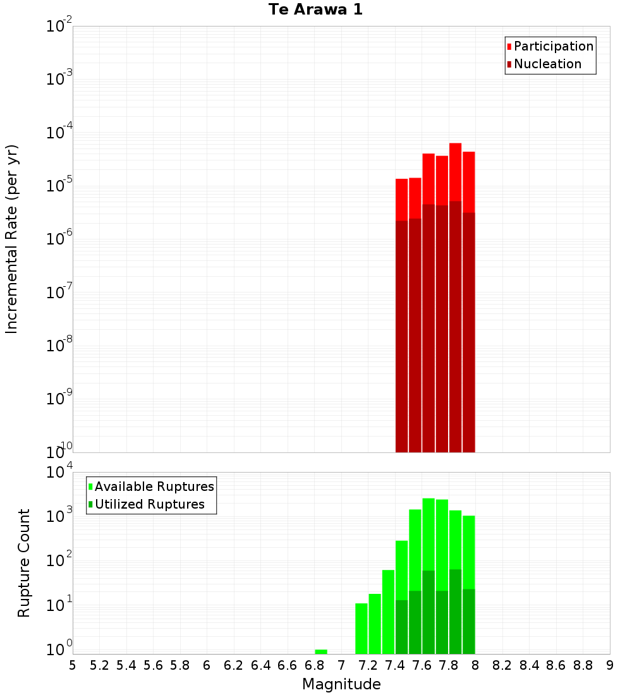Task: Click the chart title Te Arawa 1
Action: coord(315,10)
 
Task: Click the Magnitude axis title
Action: coord(341,684)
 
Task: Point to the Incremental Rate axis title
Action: coord(12,239)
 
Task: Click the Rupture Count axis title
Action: coord(24,562)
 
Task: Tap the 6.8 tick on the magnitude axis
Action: coord(314,665)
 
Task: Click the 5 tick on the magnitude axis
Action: coord(73,665)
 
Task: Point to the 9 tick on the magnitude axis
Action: coord(610,665)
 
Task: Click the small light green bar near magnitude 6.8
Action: coord(321,651)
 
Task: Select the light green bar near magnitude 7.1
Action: coord(362,629)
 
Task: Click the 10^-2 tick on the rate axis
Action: coord(59,27)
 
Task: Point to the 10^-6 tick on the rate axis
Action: coord(59,239)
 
